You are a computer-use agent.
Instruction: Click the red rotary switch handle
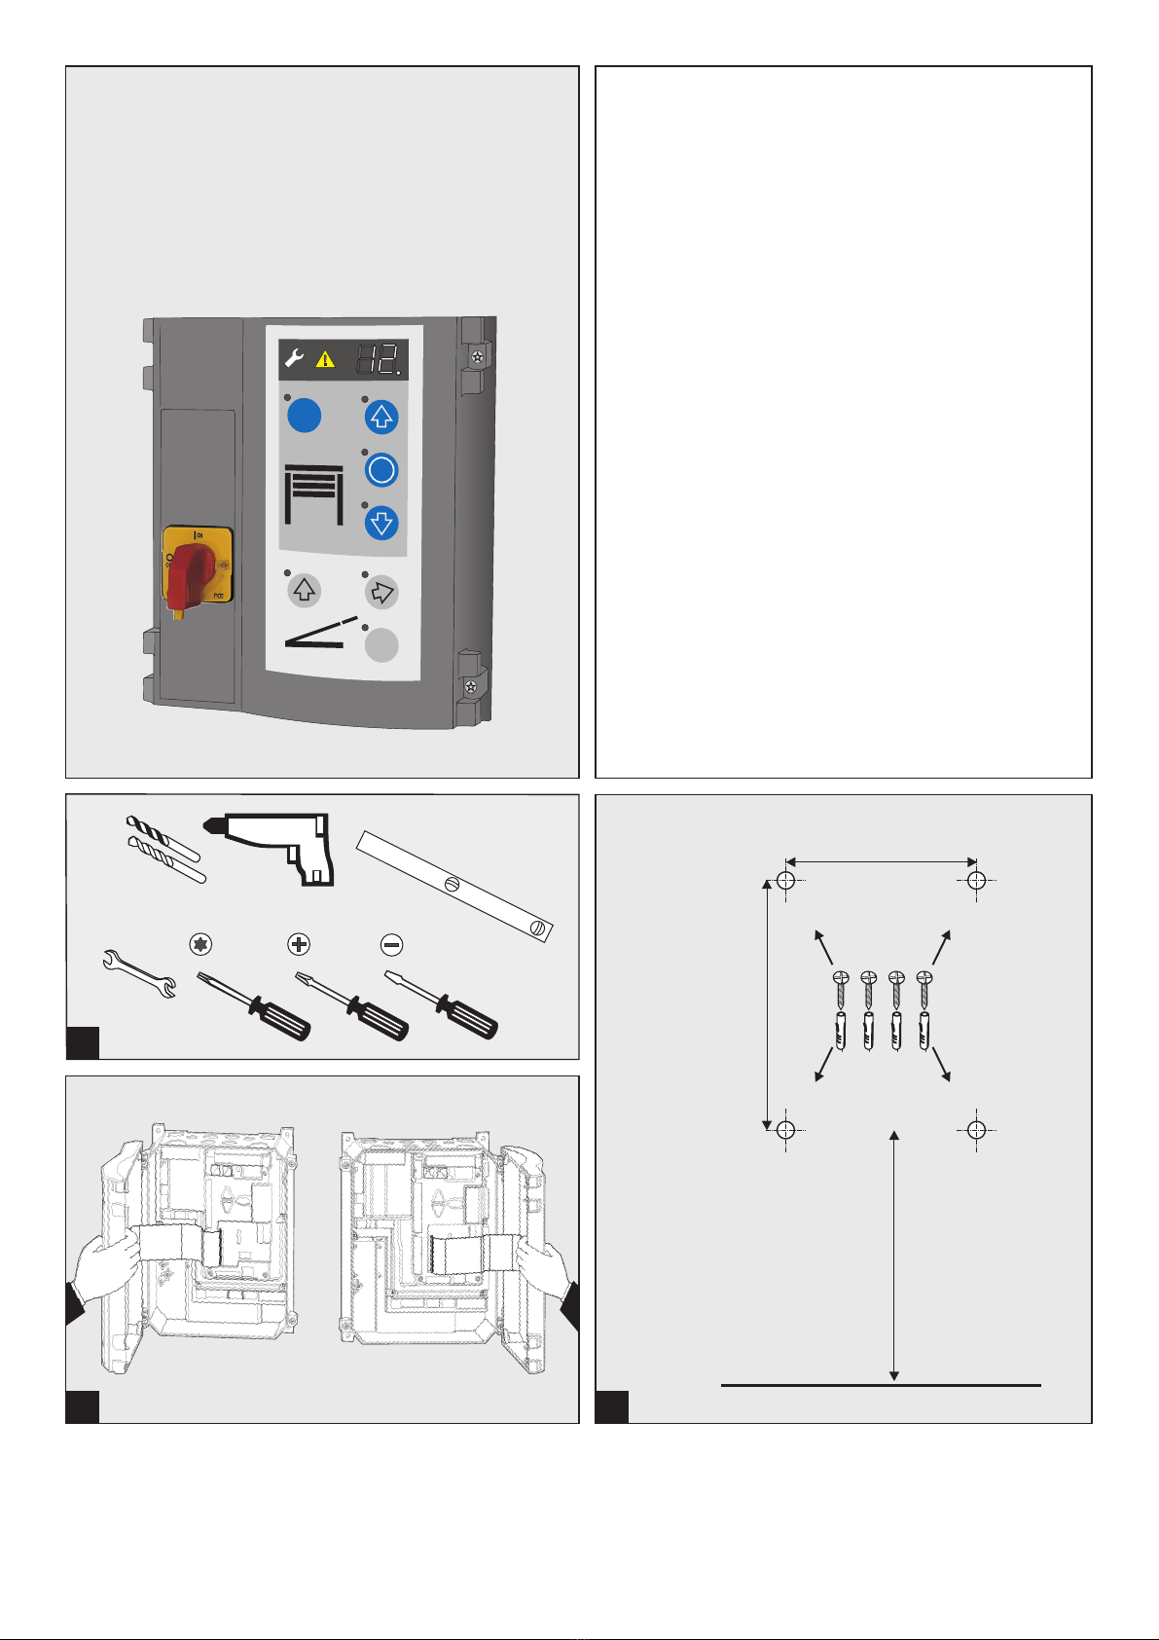pos(192,574)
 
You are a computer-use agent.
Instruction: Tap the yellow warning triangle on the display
pos(325,360)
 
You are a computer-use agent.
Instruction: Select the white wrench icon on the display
pos(294,360)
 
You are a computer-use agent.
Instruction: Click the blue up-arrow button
pos(381,418)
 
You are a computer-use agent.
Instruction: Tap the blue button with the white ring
pos(381,471)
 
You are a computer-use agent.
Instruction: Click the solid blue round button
pos(305,417)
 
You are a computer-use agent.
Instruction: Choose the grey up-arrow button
pos(305,591)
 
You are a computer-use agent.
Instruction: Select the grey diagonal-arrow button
pos(381,591)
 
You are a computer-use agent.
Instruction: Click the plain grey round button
pos(381,645)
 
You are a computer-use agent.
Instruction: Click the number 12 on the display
pos(378,360)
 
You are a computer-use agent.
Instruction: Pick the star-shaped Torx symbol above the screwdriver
pos(202,944)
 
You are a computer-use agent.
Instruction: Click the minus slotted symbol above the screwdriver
pos(391,944)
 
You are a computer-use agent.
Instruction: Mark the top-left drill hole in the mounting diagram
pos(787,881)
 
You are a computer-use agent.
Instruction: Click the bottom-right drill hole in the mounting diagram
pos(977,1129)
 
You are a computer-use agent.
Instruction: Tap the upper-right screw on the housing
pos(477,357)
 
